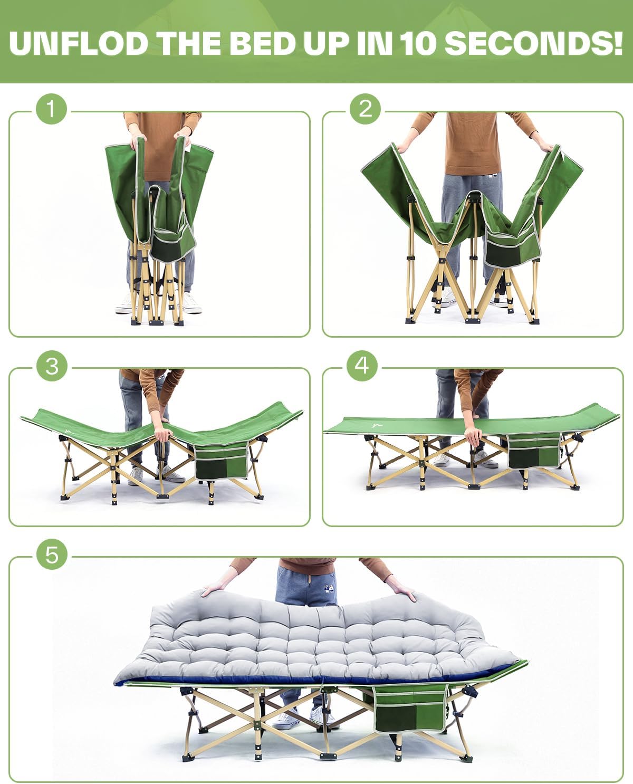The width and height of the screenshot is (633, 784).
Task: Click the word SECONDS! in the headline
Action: [534, 43]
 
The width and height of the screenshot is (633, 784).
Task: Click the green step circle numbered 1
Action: [51, 109]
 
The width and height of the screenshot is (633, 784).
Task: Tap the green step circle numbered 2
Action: [365, 109]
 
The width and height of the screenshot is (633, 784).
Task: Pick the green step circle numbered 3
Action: [52, 366]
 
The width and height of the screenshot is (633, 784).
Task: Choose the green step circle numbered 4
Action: [362, 366]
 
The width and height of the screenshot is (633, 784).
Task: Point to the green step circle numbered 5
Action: [52, 554]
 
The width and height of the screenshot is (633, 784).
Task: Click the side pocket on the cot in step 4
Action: [534, 451]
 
